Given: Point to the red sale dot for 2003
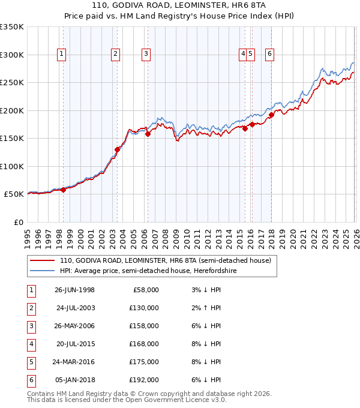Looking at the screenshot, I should coord(118,149).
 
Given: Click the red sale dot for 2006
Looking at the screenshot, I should coord(148,134).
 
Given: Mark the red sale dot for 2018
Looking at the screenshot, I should coord(271,115).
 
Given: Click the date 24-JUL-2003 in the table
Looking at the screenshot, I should coord(76,308).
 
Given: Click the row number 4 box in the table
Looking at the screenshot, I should coord(30,344).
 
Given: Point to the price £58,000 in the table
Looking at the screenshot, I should coord(144,290).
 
